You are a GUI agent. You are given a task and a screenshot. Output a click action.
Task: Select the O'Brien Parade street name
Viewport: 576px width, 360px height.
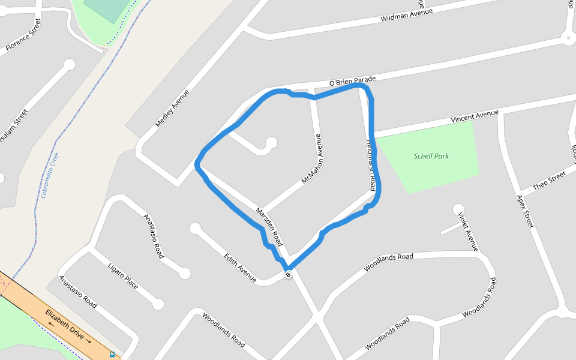pyautogui.click(x=352, y=81)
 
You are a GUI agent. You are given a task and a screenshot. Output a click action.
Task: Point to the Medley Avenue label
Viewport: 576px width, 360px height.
pyautogui.click(x=172, y=109)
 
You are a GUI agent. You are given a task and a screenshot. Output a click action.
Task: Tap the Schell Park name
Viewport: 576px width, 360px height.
pyautogui.click(x=431, y=156)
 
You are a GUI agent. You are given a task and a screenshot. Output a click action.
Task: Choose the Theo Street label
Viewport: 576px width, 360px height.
pyautogui.click(x=549, y=180)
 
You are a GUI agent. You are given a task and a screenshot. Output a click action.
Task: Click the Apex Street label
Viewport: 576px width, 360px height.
pyautogui.click(x=525, y=211)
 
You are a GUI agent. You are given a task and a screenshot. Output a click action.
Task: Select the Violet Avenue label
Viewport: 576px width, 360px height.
pyautogui.click(x=468, y=231)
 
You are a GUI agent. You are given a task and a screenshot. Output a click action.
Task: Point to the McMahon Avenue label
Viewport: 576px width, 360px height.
pyautogui.click(x=313, y=158)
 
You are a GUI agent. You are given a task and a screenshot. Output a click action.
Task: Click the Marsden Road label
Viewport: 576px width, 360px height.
pyautogui.click(x=269, y=227)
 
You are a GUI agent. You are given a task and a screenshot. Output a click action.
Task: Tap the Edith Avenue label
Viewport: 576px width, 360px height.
pyautogui.click(x=240, y=267)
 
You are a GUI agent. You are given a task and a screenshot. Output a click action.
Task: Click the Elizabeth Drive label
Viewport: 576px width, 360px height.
pyautogui.click(x=68, y=326)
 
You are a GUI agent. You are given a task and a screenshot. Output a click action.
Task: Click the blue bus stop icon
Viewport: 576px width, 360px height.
pyautogui.click(x=112, y=355)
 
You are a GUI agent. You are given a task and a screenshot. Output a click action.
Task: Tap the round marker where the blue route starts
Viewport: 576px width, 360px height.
pyautogui.click(x=289, y=274)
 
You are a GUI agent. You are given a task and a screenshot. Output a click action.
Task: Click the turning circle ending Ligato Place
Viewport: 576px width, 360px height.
pyautogui.click(x=158, y=304)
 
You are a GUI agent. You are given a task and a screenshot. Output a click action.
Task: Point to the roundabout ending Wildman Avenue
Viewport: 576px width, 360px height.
pyautogui.click(x=568, y=39)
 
